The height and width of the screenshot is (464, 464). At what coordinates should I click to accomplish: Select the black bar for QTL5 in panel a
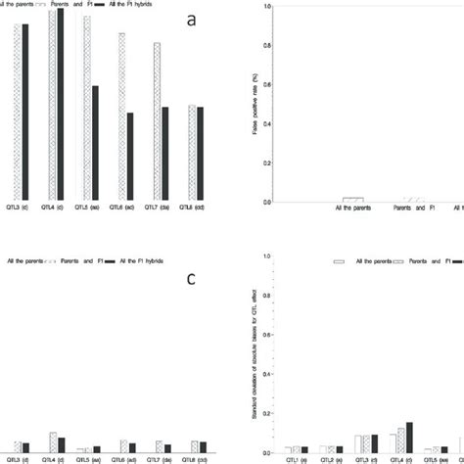point(95,142)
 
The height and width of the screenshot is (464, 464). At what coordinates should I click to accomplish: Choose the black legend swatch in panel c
point(110,260)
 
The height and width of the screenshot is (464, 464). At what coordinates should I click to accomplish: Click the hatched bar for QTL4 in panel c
point(54,441)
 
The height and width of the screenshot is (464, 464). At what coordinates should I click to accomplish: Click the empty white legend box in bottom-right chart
point(341,261)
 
